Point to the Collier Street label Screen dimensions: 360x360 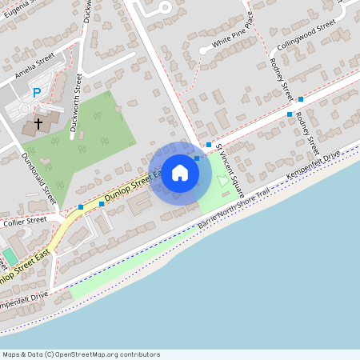coord(27,219)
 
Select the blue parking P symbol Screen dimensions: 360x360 coord(36,94)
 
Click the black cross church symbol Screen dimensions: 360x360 coord(38,126)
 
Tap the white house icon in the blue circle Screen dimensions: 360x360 coord(180,172)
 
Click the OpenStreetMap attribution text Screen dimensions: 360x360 coord(80,354)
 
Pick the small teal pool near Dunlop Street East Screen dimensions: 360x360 coord(9,256)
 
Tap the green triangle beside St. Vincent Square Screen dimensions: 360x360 coord(221,182)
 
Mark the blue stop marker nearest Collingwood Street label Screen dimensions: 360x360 coord(301,99)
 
